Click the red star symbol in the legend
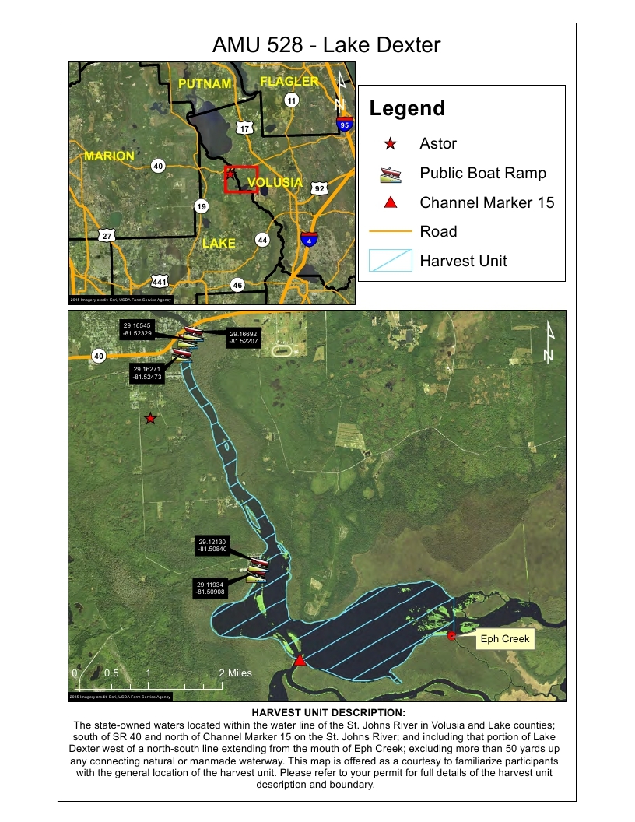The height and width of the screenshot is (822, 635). [391, 143]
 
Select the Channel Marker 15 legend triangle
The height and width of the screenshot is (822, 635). [391, 202]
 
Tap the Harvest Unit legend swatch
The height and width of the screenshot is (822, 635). [391, 261]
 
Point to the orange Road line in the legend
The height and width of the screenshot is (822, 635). [391, 231]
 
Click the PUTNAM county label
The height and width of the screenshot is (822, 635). [205, 83]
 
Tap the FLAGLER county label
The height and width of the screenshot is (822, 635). [289, 81]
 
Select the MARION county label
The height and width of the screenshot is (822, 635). [109, 156]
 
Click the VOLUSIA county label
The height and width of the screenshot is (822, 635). [274, 183]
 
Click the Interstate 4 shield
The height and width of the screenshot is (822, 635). [310, 239]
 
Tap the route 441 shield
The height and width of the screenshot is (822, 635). [160, 281]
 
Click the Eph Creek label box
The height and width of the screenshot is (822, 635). [504, 639]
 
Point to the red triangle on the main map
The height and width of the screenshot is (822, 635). [300, 661]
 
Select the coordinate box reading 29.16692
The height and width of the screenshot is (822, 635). [244, 337]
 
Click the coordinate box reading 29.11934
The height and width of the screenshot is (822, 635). [211, 588]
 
